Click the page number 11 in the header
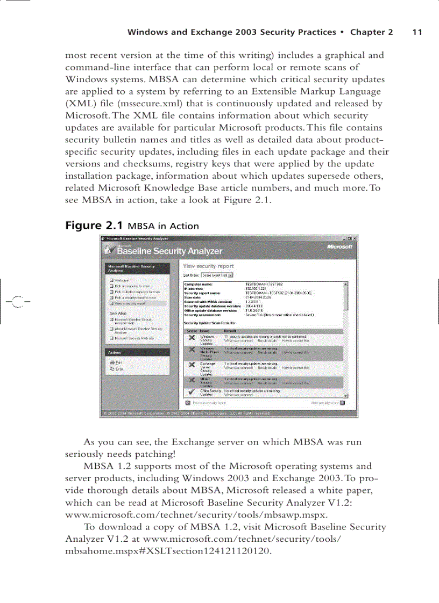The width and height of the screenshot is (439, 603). coord(417,32)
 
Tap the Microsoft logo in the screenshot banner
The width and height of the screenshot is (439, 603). coord(339,246)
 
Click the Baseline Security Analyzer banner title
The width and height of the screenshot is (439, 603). coord(169,251)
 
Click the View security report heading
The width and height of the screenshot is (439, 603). coord(208,266)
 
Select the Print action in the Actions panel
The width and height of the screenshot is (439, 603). coord(118,362)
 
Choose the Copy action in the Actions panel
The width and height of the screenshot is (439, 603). coord(118,368)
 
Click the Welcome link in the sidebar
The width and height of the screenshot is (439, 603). coord(121,280)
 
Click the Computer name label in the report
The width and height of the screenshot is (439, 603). coord(199,284)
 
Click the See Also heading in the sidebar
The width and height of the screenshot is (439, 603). coord(118,313)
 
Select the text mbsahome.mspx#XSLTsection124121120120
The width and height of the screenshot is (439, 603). coord(166,551)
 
